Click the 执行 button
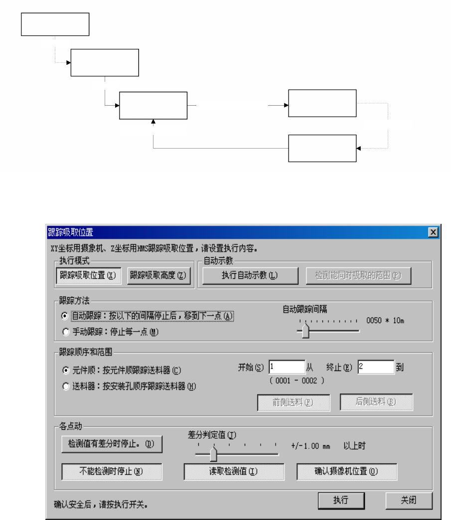click(341, 501)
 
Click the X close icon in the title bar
click(433, 232)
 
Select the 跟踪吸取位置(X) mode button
click(88, 276)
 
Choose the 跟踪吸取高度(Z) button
click(159, 276)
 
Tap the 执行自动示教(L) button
click(250, 276)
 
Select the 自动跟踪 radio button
click(65, 316)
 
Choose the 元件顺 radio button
click(65, 370)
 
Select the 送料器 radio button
click(65, 386)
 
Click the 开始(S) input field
click(287, 367)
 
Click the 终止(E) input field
click(376, 367)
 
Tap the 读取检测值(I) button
click(234, 472)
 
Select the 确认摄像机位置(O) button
click(347, 472)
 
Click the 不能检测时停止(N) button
click(112, 472)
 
